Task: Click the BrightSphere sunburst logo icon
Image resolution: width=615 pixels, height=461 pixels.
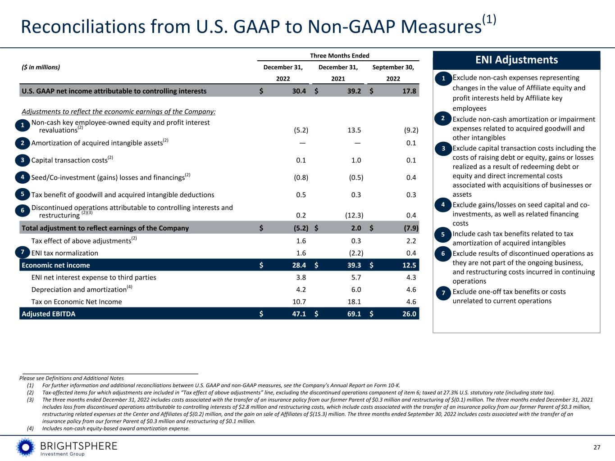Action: (x=25, y=447)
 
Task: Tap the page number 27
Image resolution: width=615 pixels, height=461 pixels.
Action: (x=597, y=447)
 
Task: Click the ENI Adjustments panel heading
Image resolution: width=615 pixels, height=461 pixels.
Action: (x=516, y=60)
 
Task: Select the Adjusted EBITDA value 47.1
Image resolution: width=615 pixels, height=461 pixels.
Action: (x=297, y=314)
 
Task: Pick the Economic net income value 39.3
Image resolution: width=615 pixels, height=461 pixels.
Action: (x=352, y=265)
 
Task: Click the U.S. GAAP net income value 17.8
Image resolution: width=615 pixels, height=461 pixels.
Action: (x=407, y=91)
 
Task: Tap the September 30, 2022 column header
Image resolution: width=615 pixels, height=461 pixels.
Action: (x=393, y=72)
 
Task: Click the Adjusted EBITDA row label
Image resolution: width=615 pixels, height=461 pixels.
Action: (x=49, y=314)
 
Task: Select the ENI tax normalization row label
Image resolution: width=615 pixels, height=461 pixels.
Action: (x=64, y=253)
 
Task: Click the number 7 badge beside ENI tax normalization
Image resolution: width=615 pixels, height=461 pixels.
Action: (x=22, y=253)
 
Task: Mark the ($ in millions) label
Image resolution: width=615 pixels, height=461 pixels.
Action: (x=41, y=68)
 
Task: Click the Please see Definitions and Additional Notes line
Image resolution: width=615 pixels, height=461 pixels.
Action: (x=72, y=378)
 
